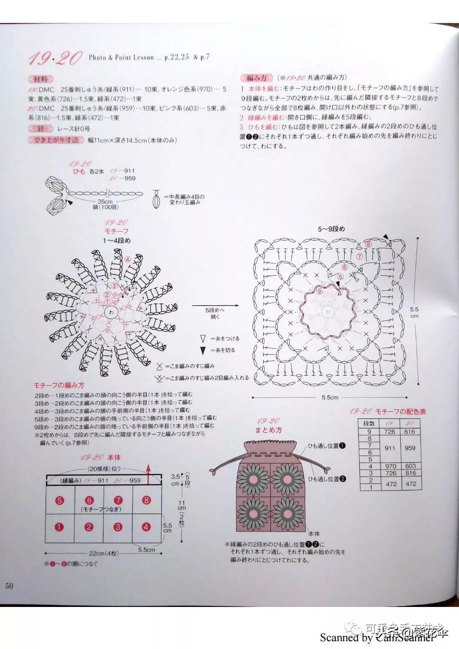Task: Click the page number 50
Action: click(x=9, y=586)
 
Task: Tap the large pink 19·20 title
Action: click(x=55, y=58)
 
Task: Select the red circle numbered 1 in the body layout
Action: click(x=59, y=527)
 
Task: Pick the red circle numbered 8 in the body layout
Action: click(x=146, y=500)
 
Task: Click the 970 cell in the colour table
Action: click(x=390, y=466)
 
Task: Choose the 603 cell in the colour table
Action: click(x=410, y=466)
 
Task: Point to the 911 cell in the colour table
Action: click(x=390, y=448)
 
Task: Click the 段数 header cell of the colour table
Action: click(x=369, y=423)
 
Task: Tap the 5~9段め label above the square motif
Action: click(x=331, y=228)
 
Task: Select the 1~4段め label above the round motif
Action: click(x=117, y=241)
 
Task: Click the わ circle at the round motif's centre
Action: click(x=111, y=312)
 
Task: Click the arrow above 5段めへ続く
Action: click(x=216, y=305)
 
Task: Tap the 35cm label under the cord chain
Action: click(x=105, y=202)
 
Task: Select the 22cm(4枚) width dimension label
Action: click(x=104, y=554)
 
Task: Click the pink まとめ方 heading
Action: click(x=269, y=430)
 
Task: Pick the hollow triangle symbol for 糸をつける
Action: click(x=203, y=339)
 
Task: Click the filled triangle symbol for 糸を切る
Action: click(x=203, y=350)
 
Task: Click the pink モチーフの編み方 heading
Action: click(x=59, y=385)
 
